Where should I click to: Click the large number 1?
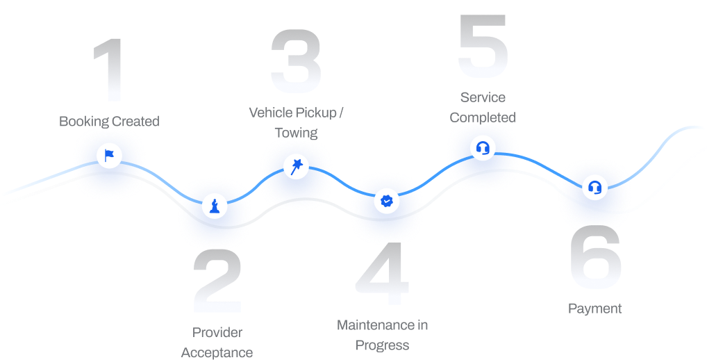click(x=109, y=70)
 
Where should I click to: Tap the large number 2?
click(x=217, y=281)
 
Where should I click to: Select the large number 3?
click(x=296, y=63)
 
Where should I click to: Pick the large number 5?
click(x=483, y=46)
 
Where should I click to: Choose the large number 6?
click(x=595, y=258)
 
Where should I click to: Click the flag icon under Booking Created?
click(x=109, y=154)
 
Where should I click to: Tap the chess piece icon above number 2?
click(x=215, y=206)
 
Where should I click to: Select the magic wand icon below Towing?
click(x=296, y=167)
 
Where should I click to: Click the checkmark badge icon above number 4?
click(x=386, y=202)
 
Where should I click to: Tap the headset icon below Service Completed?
click(x=482, y=148)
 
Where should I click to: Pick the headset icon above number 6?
click(x=594, y=187)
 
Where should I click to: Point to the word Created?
click(x=135, y=122)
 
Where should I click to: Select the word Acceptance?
click(x=217, y=352)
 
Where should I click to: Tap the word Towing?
click(x=296, y=132)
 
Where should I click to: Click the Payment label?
click(x=595, y=309)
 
